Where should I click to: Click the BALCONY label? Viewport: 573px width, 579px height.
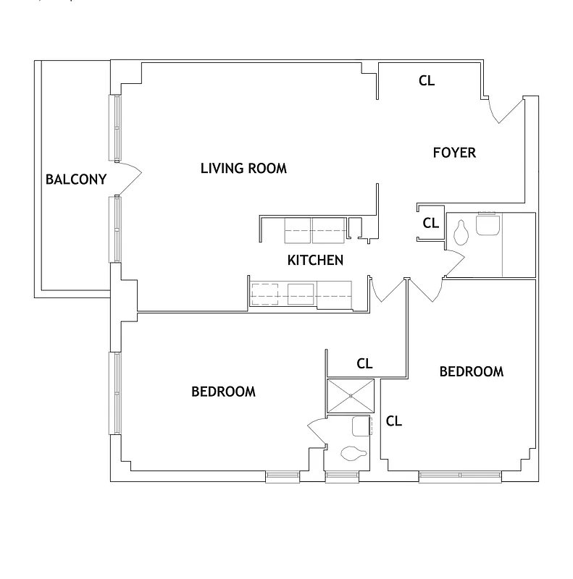pyautogui.click(x=76, y=179)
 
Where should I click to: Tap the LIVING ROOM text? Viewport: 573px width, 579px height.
pyautogui.click(x=243, y=169)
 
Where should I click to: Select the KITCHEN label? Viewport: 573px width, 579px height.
pyautogui.click(x=315, y=261)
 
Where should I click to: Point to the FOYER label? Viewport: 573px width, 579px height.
pyautogui.click(x=454, y=153)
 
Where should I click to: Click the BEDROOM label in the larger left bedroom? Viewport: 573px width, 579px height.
pyautogui.click(x=223, y=392)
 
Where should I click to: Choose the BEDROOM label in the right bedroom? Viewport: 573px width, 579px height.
pyautogui.click(x=472, y=371)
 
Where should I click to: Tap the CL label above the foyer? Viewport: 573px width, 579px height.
pyautogui.click(x=427, y=81)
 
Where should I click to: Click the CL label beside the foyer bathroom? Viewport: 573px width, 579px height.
pyautogui.click(x=430, y=223)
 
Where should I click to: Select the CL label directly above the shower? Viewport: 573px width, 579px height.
pyautogui.click(x=365, y=363)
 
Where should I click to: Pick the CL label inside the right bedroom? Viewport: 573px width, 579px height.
pyautogui.click(x=394, y=420)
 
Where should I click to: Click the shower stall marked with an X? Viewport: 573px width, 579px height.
pyautogui.click(x=351, y=396)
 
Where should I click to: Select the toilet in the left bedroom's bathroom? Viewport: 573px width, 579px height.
pyautogui.click(x=353, y=455)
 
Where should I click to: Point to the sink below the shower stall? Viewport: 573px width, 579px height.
pyautogui.click(x=361, y=426)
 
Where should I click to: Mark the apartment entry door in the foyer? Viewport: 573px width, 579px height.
pyautogui.click(x=506, y=111)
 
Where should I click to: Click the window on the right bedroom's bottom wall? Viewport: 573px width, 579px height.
pyautogui.click(x=460, y=476)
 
